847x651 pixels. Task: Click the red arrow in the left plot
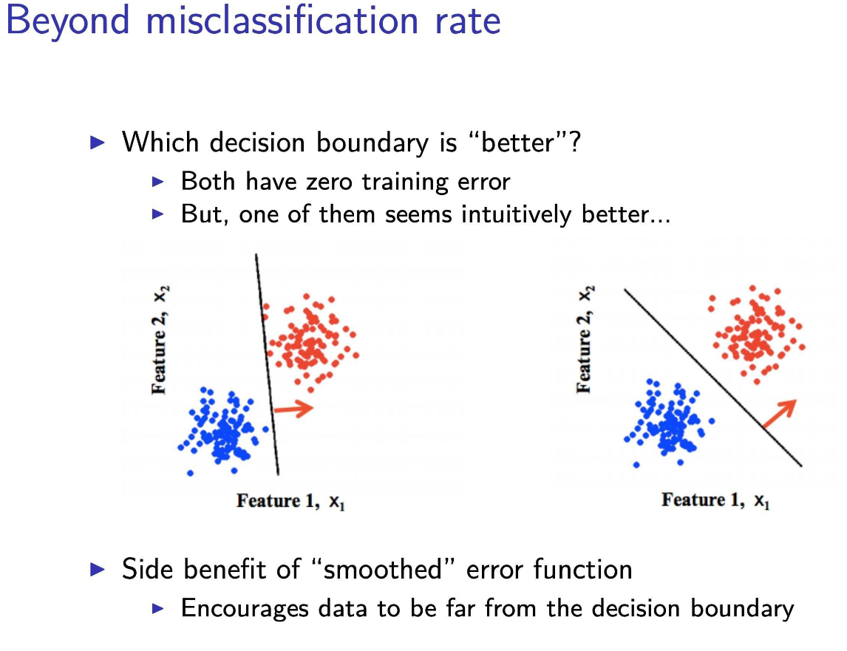coord(294,408)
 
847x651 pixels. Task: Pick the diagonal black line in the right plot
coord(713,377)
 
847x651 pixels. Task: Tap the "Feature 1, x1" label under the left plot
coord(291,502)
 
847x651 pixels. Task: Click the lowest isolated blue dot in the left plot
coord(190,473)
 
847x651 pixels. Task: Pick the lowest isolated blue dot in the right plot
coord(636,465)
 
